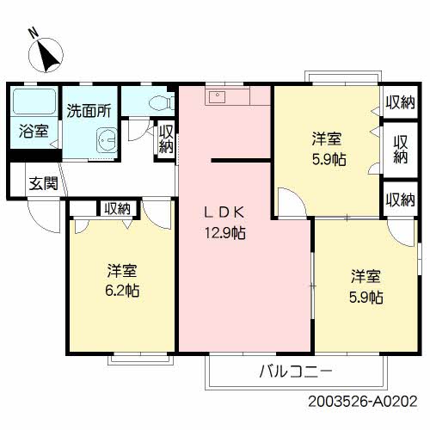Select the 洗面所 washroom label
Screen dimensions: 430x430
[89, 111]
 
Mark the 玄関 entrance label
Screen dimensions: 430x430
[44, 182]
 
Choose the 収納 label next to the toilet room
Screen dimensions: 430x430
[166, 139]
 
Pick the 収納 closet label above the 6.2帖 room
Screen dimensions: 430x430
[118, 207]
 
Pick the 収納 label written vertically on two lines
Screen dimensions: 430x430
[400, 150]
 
